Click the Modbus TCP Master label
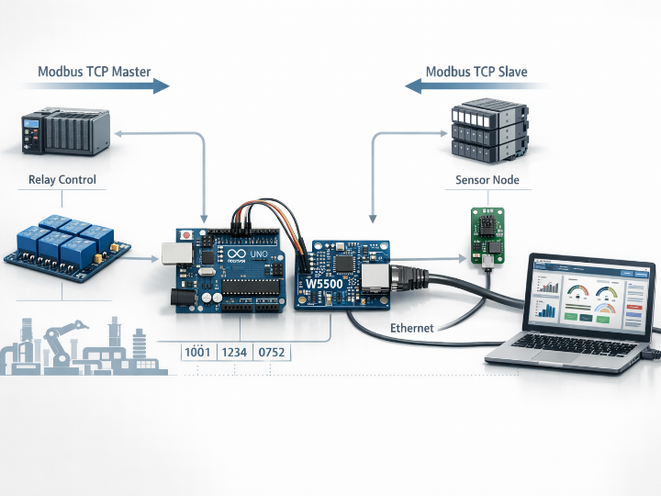pos(94,71)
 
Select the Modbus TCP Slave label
pos(476,71)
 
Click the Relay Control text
pos(62,179)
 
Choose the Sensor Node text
pos(487,180)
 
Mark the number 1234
pos(238,352)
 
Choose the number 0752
pos(275,352)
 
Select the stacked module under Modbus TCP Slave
pos(487,133)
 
